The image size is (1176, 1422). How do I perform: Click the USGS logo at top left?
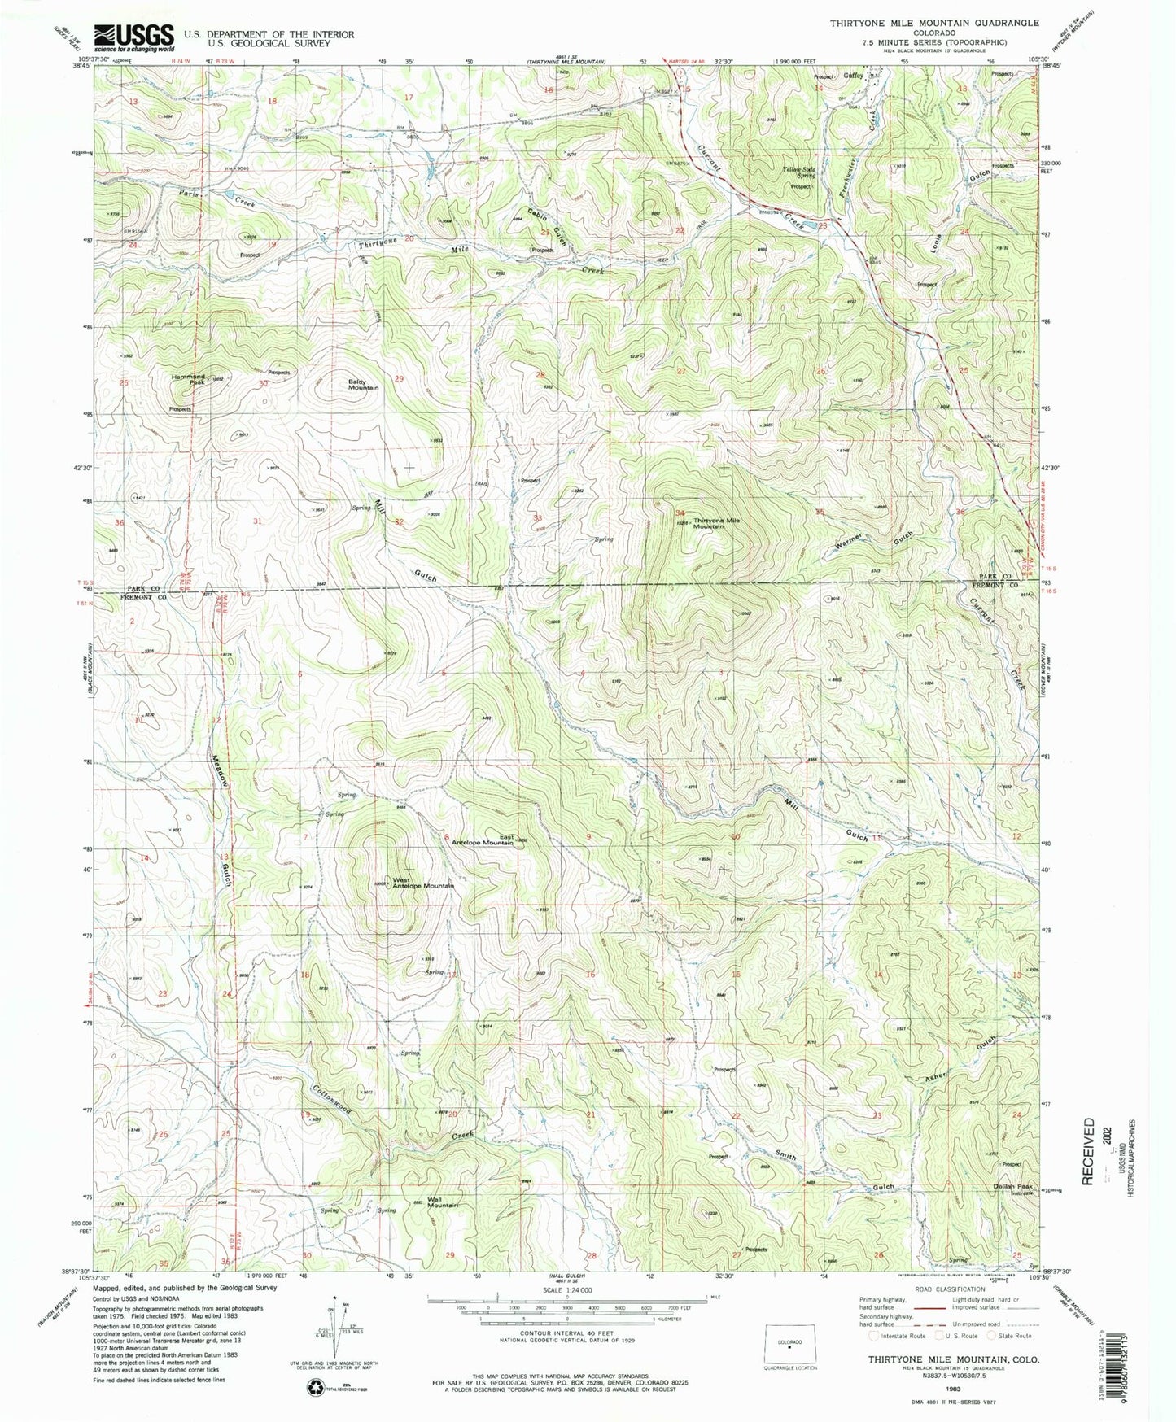pos(134,37)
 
